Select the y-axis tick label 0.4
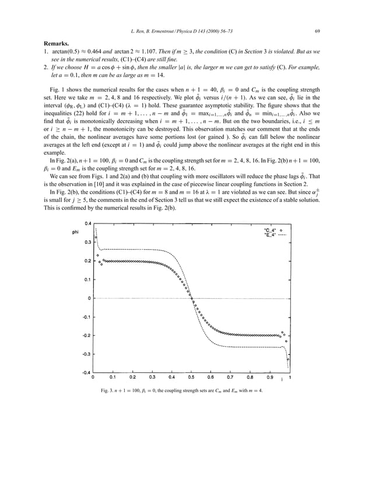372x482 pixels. [87, 223]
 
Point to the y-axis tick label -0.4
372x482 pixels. [86, 372]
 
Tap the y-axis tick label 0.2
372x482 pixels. [87, 260]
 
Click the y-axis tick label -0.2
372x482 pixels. [86, 335]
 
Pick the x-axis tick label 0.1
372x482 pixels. [113, 378]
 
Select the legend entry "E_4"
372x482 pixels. [271, 236]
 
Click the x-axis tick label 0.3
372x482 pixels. [152, 378]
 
